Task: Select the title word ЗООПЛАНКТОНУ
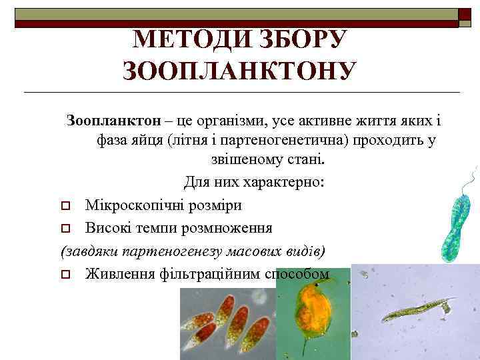tap(239, 69)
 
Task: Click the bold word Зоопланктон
tap(113, 121)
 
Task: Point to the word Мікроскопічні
tap(131, 205)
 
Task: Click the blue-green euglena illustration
tap(457, 213)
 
